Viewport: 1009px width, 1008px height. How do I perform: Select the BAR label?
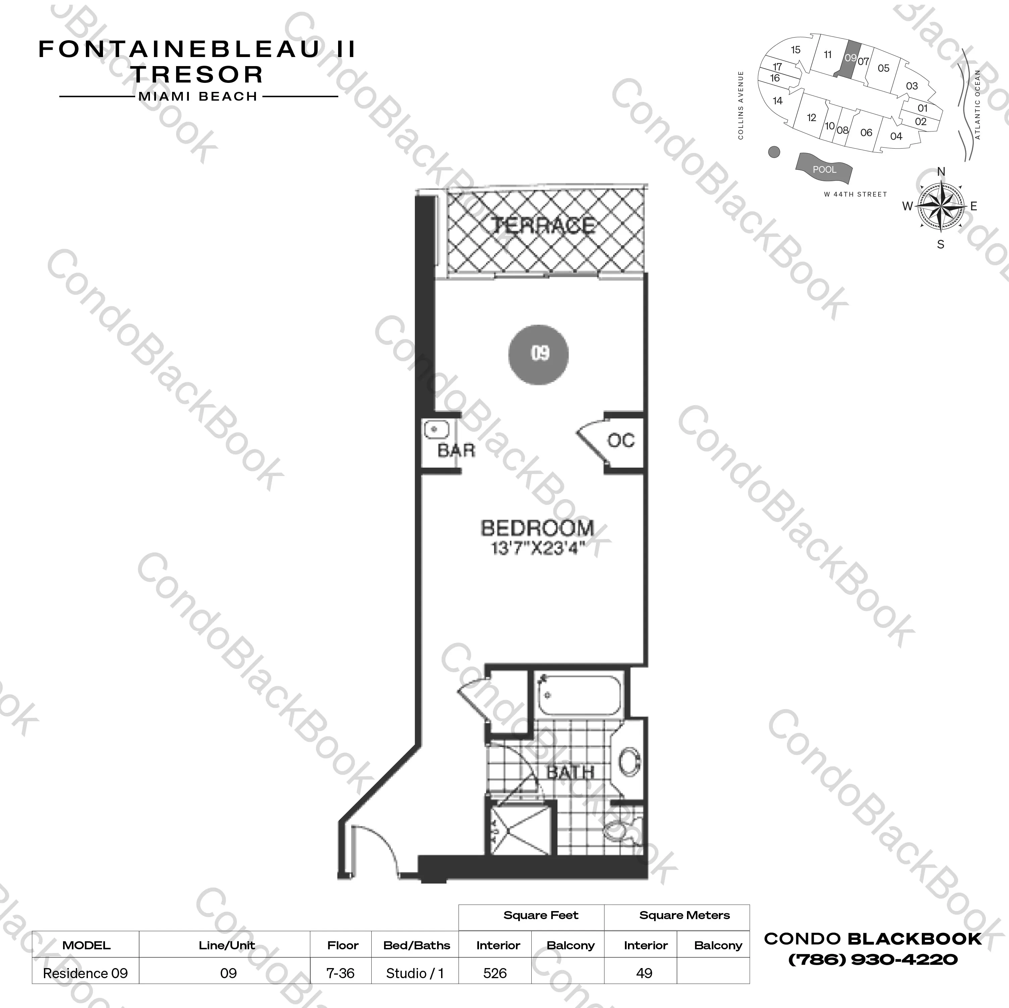coord(456,450)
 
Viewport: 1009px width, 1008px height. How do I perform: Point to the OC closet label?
coord(621,441)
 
